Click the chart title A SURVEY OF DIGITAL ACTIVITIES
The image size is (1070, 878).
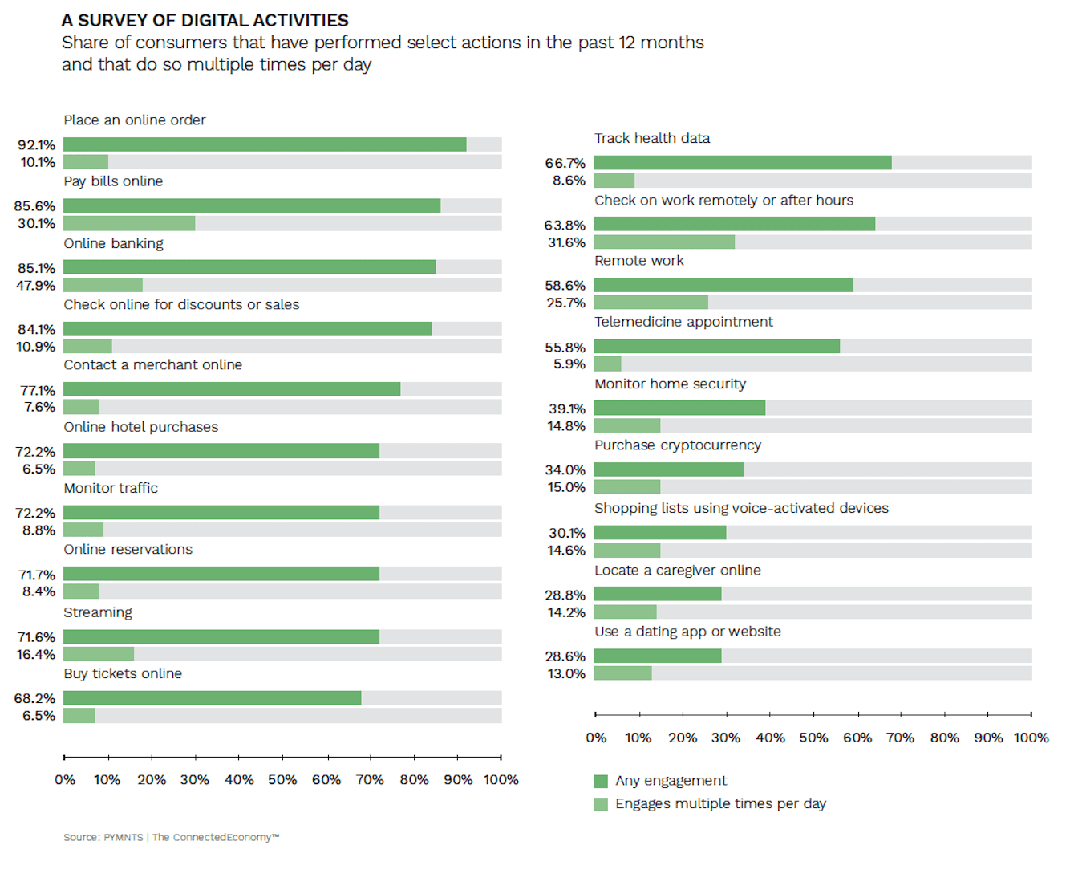pos(205,20)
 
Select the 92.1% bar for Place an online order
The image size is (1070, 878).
pos(265,144)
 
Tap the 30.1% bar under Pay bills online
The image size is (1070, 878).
pos(129,223)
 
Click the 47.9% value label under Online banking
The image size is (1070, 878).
pos(36,285)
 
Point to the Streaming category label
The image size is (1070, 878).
pos(98,612)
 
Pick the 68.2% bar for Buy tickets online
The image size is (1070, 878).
pos(213,698)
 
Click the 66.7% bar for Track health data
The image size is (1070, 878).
pos(742,163)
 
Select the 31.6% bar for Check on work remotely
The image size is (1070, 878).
pos(664,242)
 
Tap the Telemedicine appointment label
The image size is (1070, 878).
pos(683,322)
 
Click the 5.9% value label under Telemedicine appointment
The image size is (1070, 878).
pos(569,364)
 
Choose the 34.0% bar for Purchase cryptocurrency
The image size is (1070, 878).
pos(668,469)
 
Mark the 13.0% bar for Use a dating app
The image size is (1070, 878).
pos(622,673)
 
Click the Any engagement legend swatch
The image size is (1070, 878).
pos(601,781)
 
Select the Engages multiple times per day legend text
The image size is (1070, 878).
pos(720,803)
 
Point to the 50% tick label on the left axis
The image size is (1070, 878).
pos(282,779)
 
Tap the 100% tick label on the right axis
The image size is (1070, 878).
pos(1031,738)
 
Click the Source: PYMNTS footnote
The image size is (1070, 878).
pos(171,837)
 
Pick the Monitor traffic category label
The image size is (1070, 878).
pos(111,488)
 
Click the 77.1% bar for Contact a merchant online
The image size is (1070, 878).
pos(232,389)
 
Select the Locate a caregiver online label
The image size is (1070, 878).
pos(677,571)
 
